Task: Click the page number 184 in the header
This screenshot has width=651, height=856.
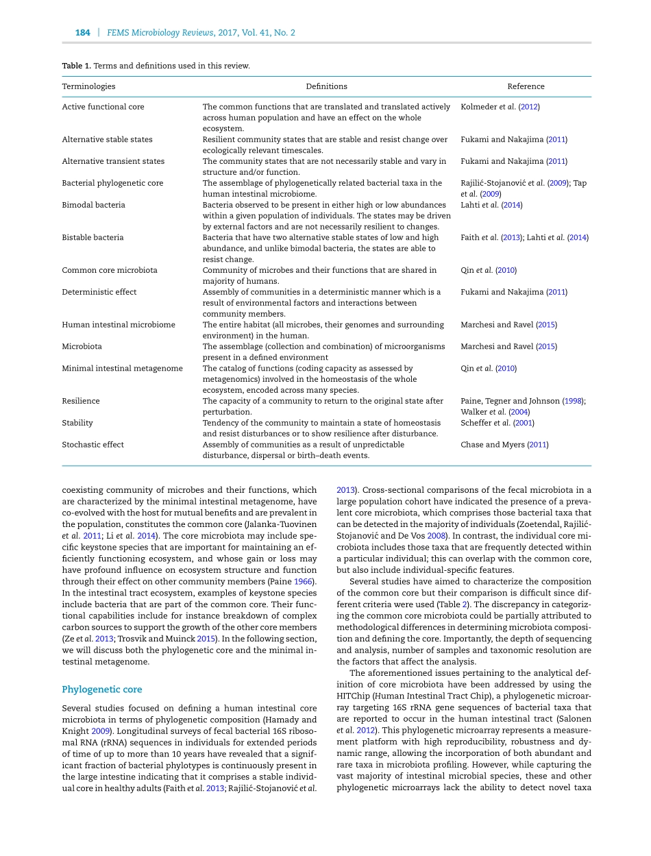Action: pyautogui.click(x=82, y=32)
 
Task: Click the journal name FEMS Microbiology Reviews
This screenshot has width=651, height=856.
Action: pyautogui.click(x=162, y=32)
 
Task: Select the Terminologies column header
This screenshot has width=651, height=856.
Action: pyautogui.click(x=88, y=86)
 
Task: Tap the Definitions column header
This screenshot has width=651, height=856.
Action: pyautogui.click(x=326, y=86)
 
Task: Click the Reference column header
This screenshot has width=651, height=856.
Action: pyautogui.click(x=526, y=86)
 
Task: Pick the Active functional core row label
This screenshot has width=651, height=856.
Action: pyautogui.click(x=103, y=107)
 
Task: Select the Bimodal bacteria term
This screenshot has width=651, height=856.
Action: pyautogui.click(x=93, y=205)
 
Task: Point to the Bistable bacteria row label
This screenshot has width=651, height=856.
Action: pyautogui.click(x=93, y=238)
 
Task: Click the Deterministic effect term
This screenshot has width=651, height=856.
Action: pyautogui.click(x=99, y=292)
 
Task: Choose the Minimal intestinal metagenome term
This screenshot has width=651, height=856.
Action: pyautogui.click(x=122, y=369)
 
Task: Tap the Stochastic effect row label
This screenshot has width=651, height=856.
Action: pyautogui.click(x=93, y=445)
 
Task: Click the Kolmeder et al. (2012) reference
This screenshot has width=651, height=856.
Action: pyautogui.click(x=500, y=107)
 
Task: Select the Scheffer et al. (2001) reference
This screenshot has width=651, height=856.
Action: pyautogui.click(x=497, y=423)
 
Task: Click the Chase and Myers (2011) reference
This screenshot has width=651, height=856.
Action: pyautogui.click(x=504, y=445)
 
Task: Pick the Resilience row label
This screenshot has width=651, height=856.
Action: pyautogui.click(x=80, y=401)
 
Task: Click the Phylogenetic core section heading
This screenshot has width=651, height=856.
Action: pyautogui.click(x=101, y=689)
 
